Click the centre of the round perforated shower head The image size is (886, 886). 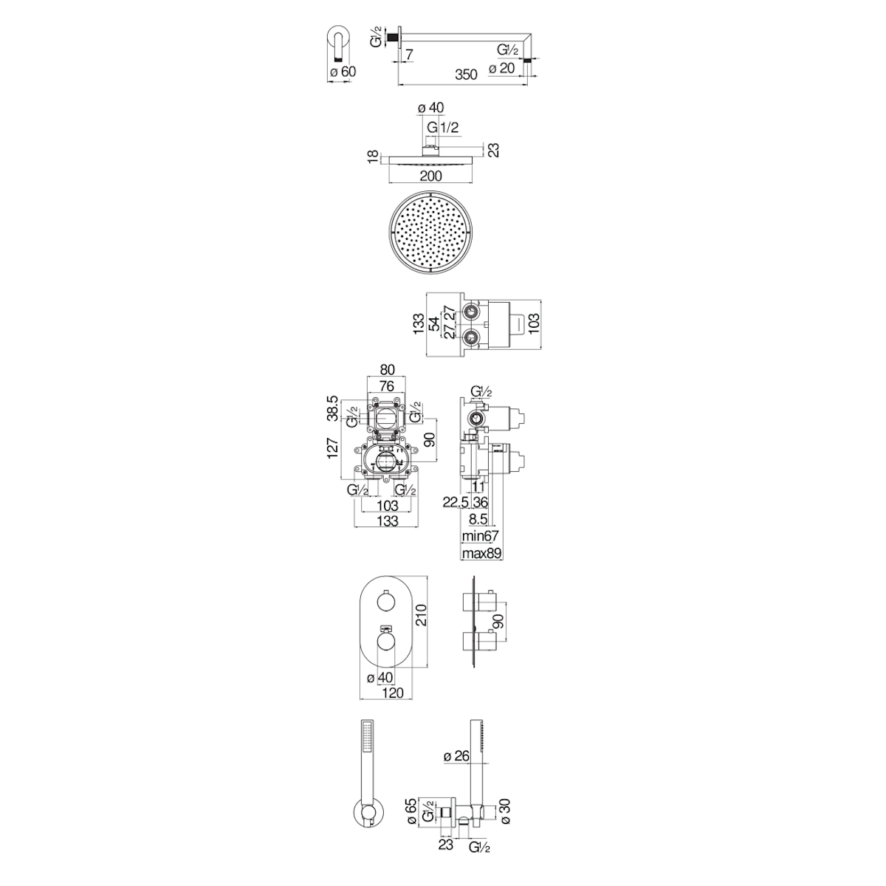(430, 232)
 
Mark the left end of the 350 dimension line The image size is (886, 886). (398, 85)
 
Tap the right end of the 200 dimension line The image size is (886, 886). (473, 183)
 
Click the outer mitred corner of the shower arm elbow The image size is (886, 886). (532, 33)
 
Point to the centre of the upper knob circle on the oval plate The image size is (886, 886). (385, 602)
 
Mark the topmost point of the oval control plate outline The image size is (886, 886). (386, 574)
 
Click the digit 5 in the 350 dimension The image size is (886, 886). (466, 74)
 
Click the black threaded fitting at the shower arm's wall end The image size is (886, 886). (393, 37)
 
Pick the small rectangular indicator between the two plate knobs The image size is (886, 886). (385, 627)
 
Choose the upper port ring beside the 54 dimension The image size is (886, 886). (470, 312)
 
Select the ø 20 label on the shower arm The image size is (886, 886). (501, 68)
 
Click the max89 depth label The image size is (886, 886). (481, 553)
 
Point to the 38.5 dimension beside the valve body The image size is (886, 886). (333, 408)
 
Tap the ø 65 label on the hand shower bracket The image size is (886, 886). (411, 825)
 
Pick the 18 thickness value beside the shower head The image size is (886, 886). (373, 156)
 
